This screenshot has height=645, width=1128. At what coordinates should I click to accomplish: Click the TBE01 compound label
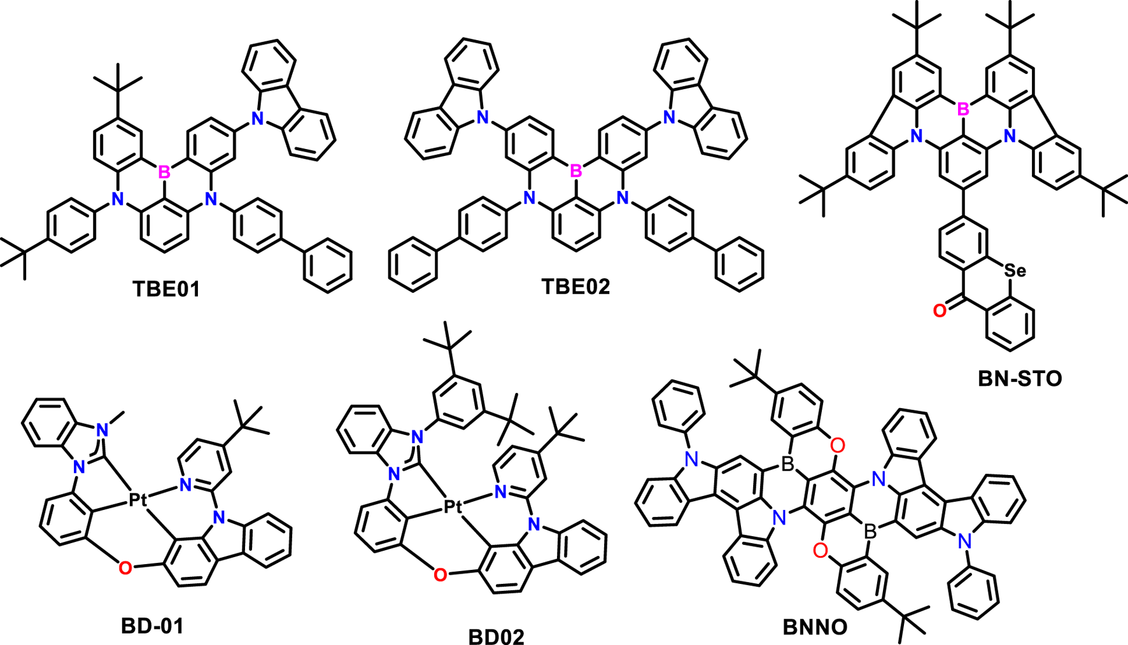point(166,289)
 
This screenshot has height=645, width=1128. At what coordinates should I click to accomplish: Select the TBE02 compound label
point(575,287)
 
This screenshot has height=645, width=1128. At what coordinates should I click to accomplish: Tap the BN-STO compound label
point(1020,379)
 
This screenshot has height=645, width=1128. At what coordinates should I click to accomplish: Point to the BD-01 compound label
point(152,626)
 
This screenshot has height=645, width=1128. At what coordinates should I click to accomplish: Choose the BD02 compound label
point(497,637)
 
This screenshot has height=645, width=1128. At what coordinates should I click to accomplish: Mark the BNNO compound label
point(815,627)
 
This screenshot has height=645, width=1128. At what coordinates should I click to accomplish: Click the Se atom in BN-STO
point(1015,271)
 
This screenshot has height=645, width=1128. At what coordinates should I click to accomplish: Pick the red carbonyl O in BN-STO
point(939,311)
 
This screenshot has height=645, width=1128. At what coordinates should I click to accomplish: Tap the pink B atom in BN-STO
point(963,110)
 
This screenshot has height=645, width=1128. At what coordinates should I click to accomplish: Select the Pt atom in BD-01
point(137,500)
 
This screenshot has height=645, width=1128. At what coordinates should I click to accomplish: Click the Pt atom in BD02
point(453,507)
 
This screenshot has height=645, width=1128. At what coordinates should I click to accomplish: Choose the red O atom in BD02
point(440,576)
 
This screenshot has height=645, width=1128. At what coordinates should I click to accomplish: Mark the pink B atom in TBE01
point(164,172)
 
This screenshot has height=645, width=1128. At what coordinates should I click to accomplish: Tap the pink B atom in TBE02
point(576,171)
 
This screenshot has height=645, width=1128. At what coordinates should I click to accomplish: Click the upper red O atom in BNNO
point(838,445)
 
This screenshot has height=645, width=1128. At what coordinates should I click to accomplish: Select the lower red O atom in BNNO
point(821,550)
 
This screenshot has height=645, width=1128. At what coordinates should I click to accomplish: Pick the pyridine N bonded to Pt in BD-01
point(185,485)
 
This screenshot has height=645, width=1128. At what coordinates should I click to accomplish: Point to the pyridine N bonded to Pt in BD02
point(500,492)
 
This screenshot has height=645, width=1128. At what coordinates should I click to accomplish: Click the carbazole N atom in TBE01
point(257,117)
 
